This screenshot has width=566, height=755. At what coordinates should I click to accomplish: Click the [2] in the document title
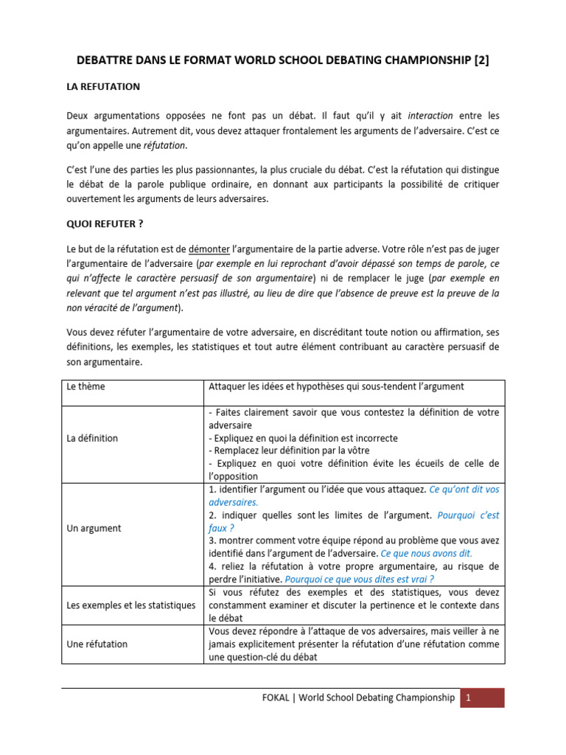479,61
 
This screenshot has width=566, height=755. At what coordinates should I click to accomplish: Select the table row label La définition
92,438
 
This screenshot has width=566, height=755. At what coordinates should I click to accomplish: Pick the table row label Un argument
94,529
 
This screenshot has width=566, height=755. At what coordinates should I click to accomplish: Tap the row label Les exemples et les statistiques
131,605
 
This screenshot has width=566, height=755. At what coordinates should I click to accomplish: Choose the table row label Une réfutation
97,644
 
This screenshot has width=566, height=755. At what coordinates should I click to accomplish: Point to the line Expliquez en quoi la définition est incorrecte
303,438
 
